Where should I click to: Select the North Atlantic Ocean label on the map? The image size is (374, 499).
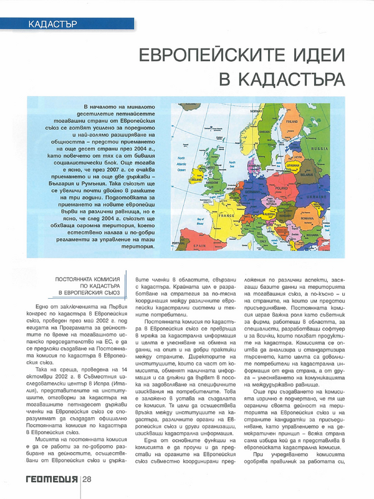click(x=182, y=163)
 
